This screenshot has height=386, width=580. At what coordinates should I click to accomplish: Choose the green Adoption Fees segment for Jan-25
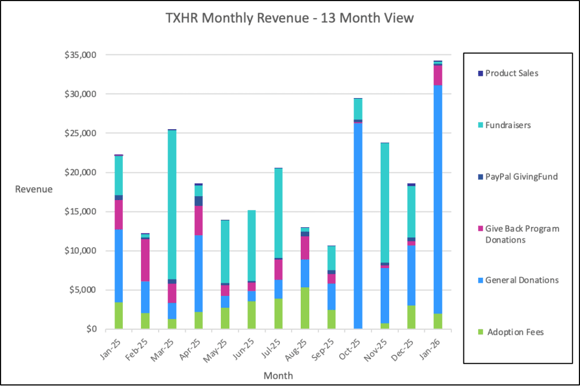(x=118, y=315)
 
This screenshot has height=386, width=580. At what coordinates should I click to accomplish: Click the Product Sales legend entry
(x=511, y=73)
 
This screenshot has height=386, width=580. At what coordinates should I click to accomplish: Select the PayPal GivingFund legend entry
(x=521, y=177)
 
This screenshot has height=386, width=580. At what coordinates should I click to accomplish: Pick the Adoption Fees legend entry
(x=514, y=332)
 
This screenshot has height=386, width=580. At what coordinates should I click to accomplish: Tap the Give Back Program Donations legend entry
(x=522, y=234)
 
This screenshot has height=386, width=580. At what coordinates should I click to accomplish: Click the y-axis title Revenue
(x=34, y=189)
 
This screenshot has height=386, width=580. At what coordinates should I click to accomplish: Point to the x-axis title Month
(x=278, y=375)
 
